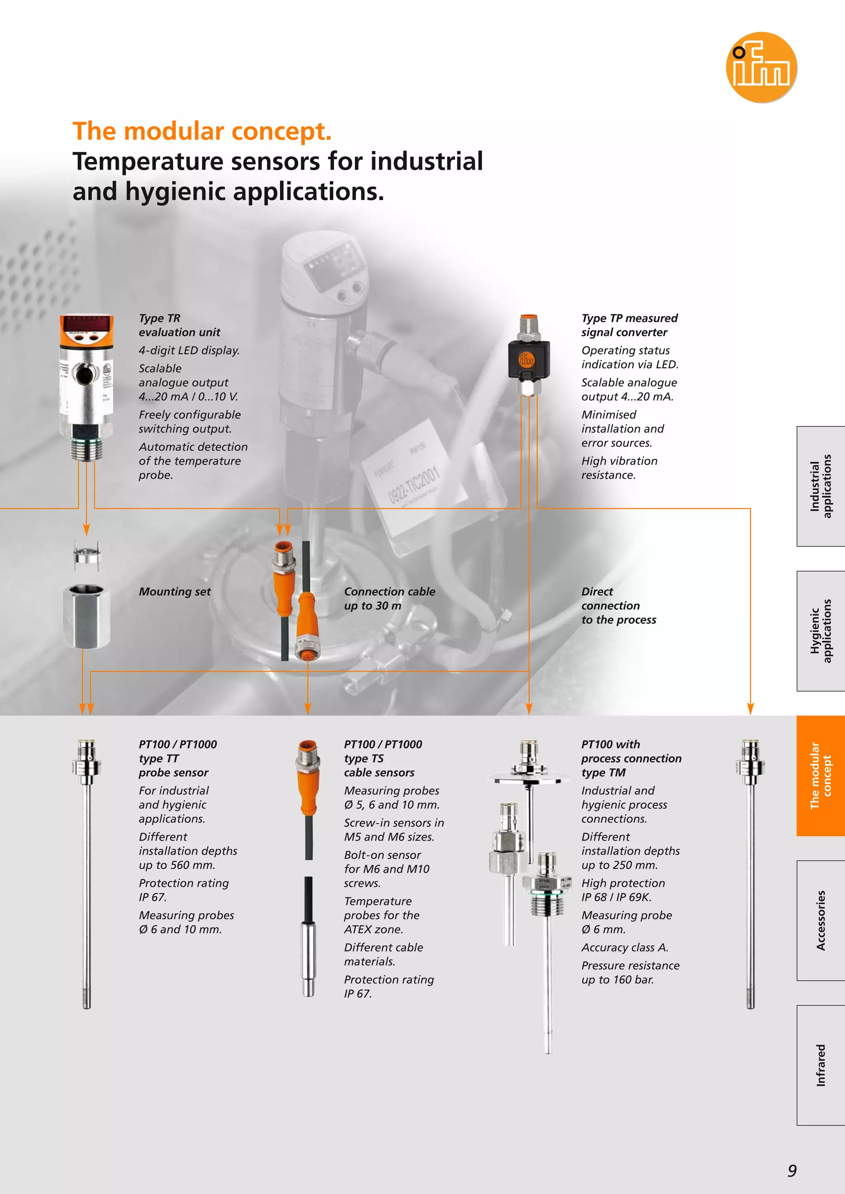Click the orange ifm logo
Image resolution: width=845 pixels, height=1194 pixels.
pos(761,67)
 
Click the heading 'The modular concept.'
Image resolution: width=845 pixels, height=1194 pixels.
pos(202,131)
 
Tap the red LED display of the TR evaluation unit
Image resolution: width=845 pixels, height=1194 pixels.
pos(86,324)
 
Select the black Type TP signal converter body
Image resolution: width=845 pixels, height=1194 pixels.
pos(529,360)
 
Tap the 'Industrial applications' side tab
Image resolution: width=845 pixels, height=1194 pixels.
pos(821,486)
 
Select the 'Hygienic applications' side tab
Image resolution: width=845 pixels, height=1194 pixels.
pos(821,631)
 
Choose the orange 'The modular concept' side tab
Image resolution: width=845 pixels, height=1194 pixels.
pos(821,776)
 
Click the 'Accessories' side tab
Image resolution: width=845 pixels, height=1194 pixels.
pos(821,921)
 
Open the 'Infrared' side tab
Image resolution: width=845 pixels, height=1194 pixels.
pos(821,1065)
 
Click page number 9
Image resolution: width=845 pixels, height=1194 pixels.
pos(791,1170)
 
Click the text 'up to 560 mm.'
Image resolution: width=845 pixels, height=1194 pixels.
pos(177,865)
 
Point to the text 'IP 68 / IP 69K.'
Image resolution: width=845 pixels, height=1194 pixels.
pos(616,897)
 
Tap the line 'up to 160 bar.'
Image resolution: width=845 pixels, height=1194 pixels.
pos(617,980)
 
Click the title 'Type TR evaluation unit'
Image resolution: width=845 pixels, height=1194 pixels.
pos(179,325)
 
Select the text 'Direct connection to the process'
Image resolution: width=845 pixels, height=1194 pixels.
pos(618,606)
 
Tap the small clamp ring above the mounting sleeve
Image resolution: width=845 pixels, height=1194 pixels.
pos(86,552)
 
